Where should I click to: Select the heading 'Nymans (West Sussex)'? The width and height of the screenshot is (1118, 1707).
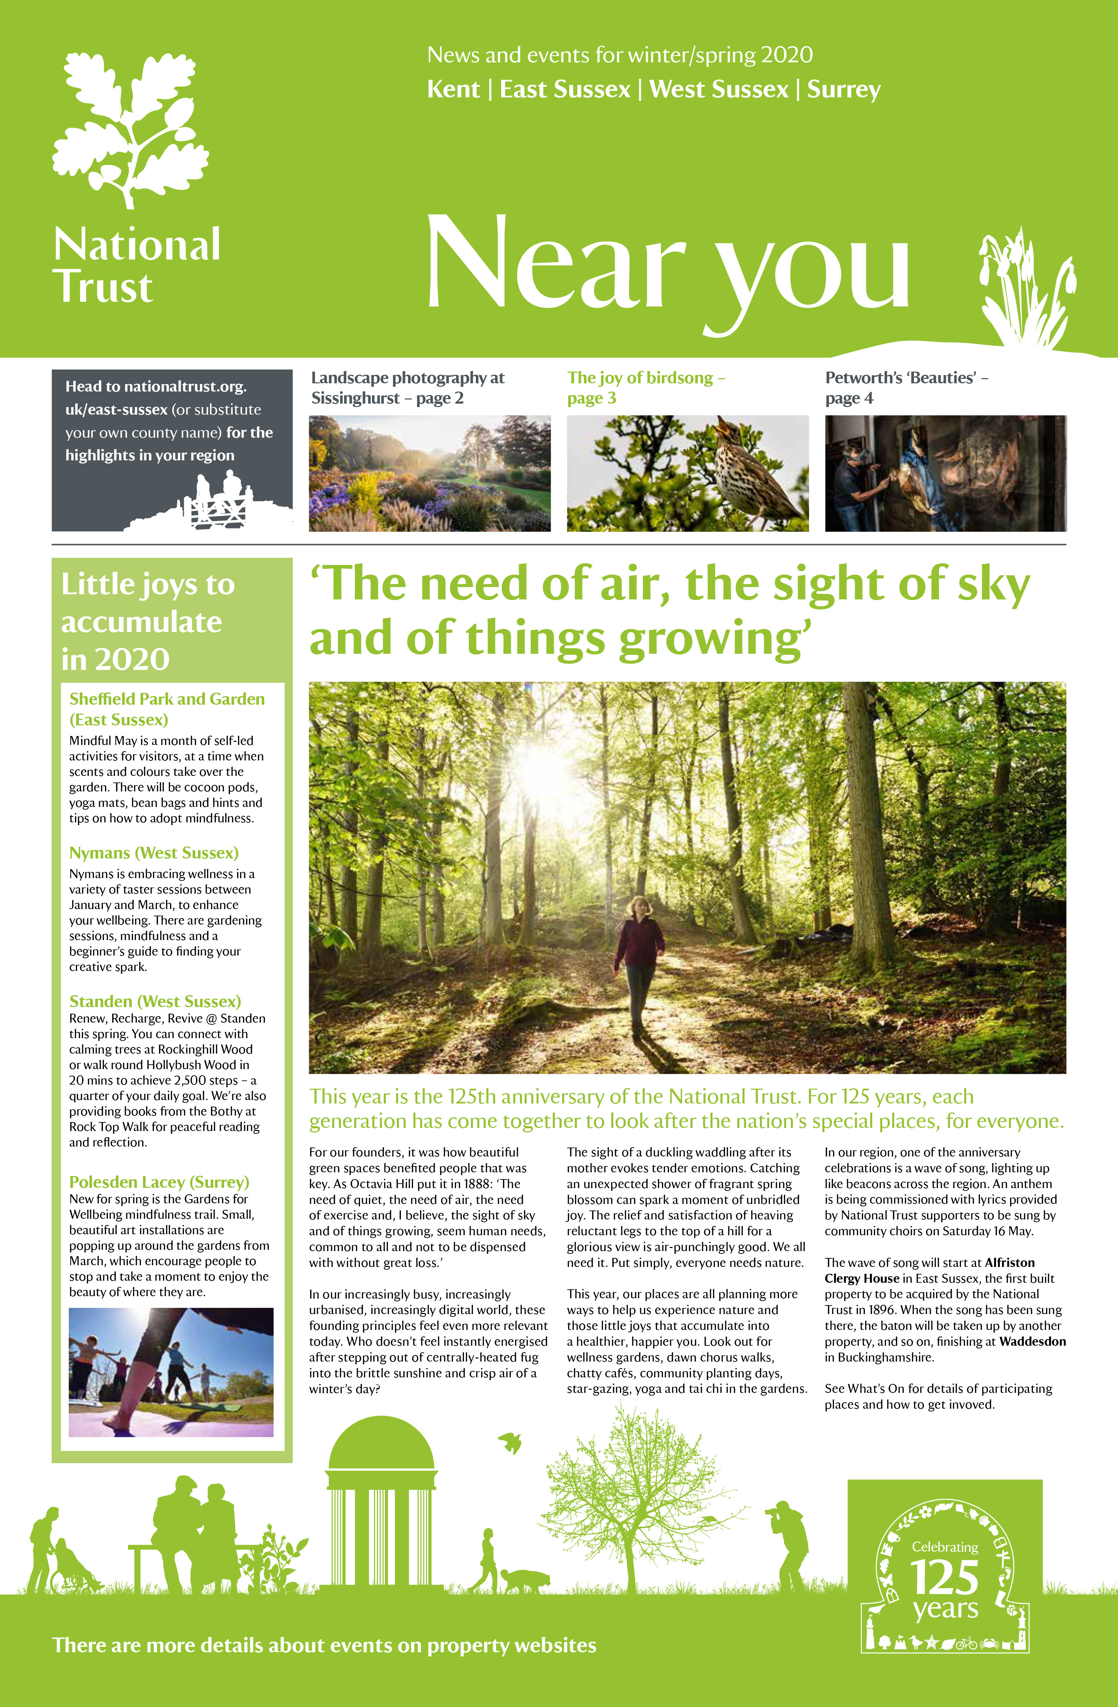[154, 853]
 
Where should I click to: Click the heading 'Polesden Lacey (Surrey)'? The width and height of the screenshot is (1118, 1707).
[159, 1182]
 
